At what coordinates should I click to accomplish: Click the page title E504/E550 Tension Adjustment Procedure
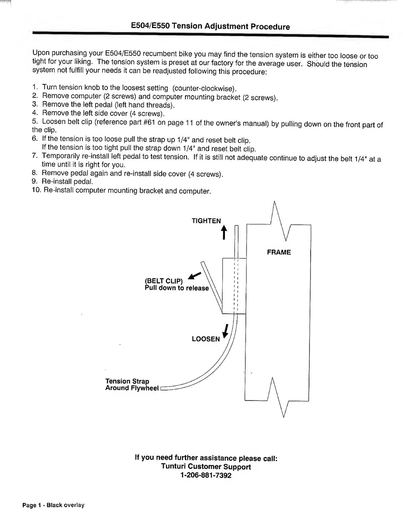coord(210,26)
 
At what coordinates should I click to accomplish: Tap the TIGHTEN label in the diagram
coord(206,221)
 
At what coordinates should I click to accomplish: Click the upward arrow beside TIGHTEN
coord(224,232)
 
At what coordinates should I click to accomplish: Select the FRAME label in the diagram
coord(279,252)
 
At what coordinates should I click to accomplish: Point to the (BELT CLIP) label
coord(164,281)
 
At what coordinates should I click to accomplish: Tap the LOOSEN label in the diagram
coord(206,339)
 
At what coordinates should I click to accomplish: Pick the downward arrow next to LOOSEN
coord(226,331)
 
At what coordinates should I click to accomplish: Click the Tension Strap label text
coord(127,381)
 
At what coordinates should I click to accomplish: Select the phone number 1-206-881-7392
coord(206,475)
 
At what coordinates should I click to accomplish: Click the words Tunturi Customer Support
coord(206,467)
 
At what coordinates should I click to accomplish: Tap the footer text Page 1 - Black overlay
coord(53,505)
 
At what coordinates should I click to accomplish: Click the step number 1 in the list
coord(35,87)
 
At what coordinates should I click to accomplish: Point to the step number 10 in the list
coord(36,190)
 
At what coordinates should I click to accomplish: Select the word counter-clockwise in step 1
coord(204,88)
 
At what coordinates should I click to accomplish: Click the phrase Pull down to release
coord(177,288)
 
